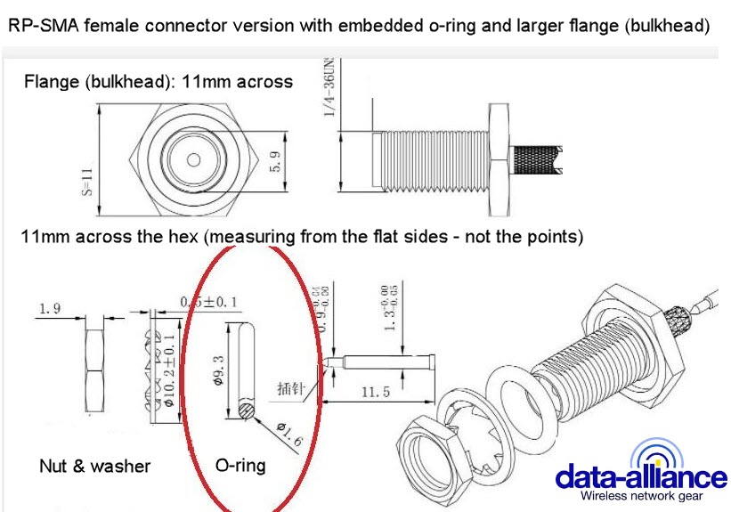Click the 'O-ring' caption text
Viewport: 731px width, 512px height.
pos(240,465)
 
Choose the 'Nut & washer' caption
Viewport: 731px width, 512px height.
pos(94,466)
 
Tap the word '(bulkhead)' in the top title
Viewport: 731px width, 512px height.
pos(668,27)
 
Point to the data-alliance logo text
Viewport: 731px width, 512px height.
pos(640,475)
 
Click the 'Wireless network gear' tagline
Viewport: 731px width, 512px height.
pos(641,496)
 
